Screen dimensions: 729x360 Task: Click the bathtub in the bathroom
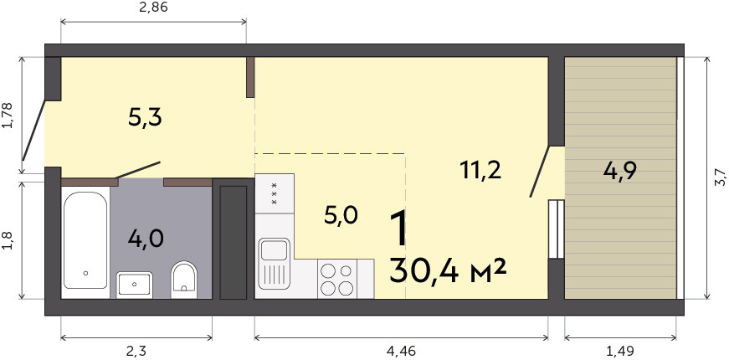85,242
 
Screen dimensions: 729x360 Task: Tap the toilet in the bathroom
184,279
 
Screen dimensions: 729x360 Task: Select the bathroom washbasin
135,284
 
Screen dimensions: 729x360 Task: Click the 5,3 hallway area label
145,118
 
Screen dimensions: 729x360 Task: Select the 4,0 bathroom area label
146,239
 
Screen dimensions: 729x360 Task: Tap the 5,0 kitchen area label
341,216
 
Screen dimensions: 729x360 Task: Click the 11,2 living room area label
480,170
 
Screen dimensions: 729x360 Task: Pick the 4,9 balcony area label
619,171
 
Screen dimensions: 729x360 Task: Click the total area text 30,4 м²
447,271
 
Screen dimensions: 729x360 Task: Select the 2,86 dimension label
153,8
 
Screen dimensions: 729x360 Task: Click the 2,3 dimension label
136,350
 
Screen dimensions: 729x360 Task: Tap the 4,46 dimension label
400,350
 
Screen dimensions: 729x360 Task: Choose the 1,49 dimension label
621,350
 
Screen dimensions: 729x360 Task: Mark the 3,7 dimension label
720,178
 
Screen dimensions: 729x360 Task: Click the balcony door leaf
540,172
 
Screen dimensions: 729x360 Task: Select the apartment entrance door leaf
34,131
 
